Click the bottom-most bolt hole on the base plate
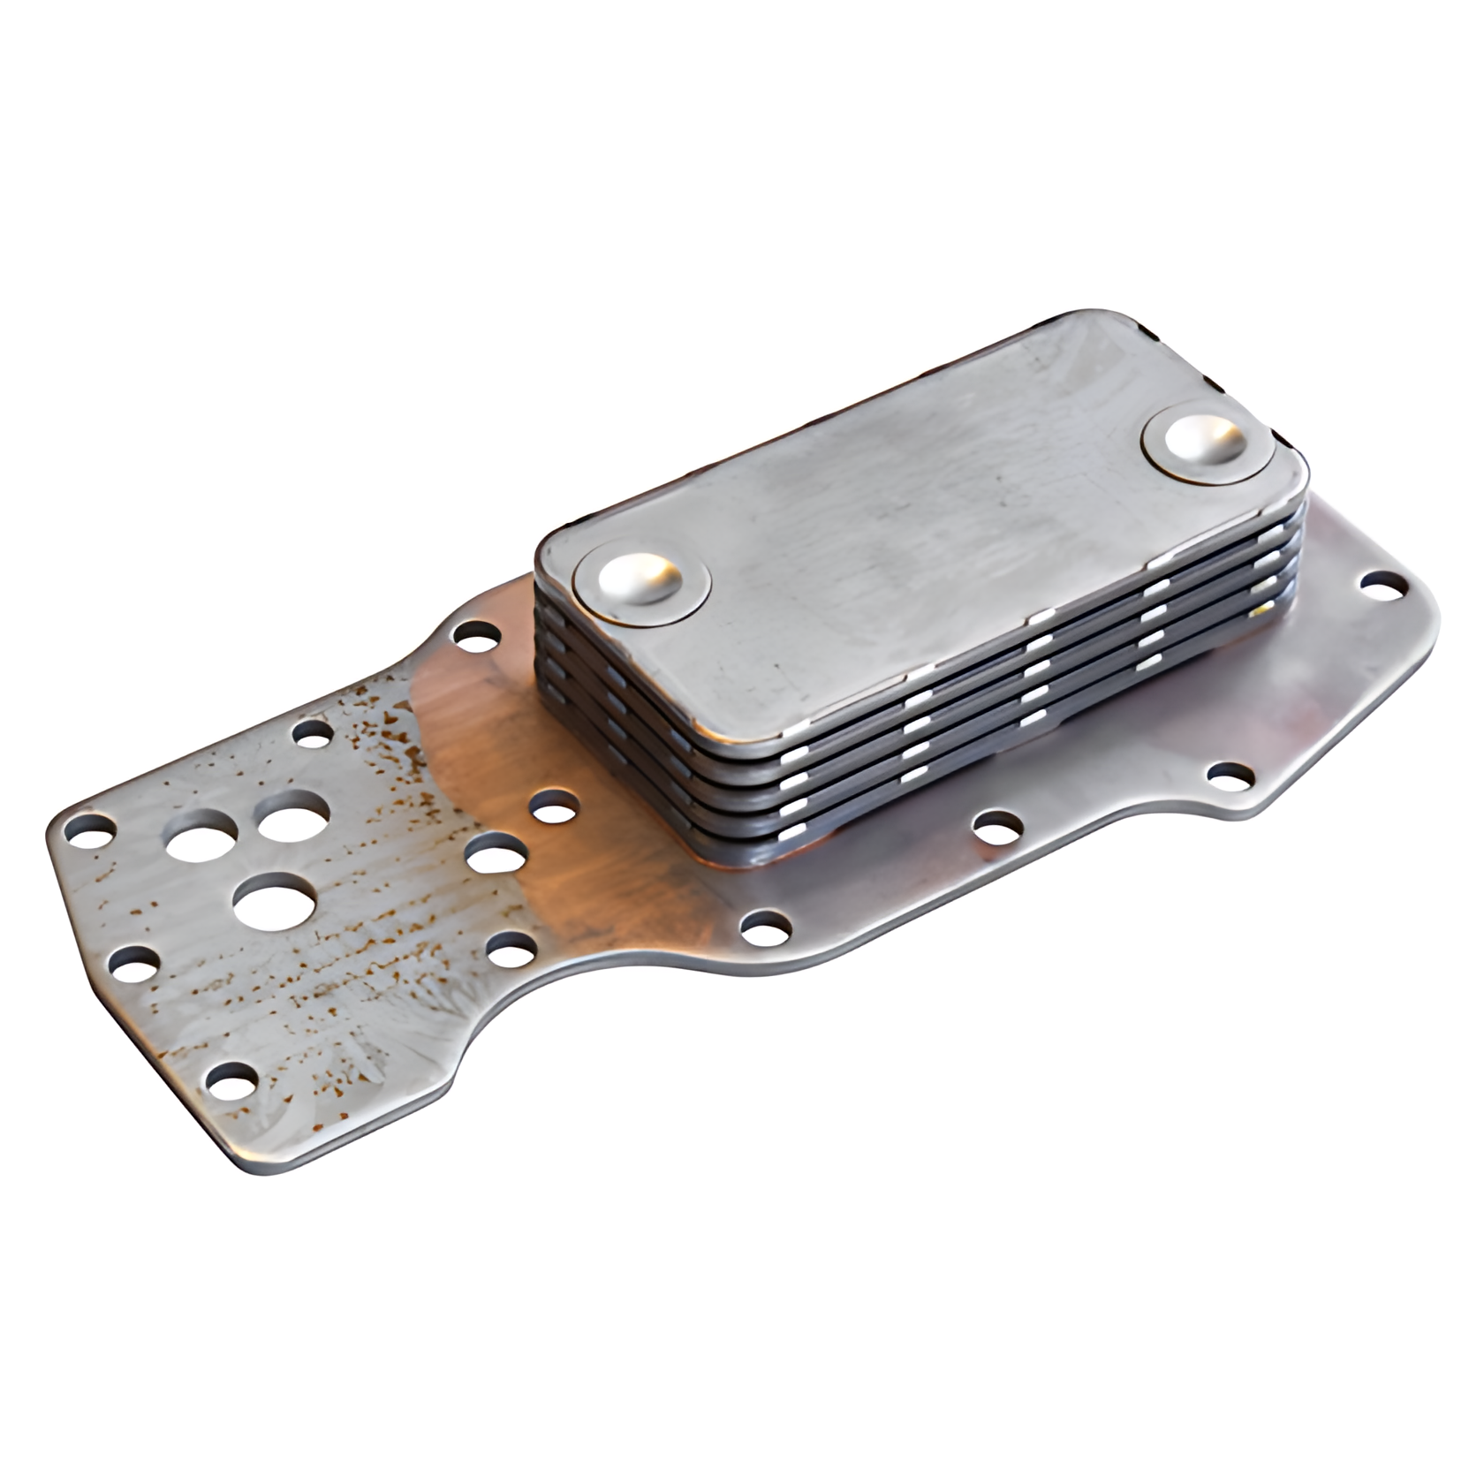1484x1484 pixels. [x=229, y=1079]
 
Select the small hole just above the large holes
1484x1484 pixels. [x=311, y=731]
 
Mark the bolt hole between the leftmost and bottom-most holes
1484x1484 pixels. [x=135, y=962]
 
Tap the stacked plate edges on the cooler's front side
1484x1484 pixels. [x=972, y=751]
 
